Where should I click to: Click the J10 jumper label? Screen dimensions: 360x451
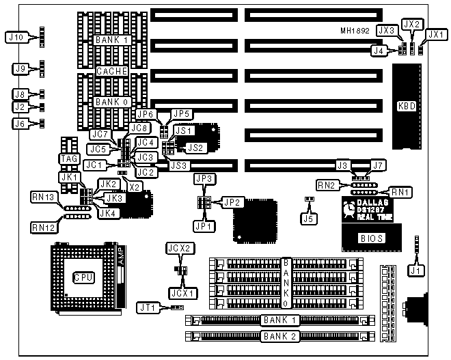pyautogui.click(x=16, y=36)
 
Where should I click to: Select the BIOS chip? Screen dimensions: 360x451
pyautogui.click(x=370, y=238)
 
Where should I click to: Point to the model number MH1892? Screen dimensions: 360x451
pyautogui.click(x=355, y=31)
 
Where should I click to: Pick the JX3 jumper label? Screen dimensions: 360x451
pyautogui.click(x=387, y=31)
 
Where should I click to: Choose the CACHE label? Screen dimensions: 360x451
pyautogui.click(x=111, y=70)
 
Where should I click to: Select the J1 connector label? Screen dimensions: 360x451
pyautogui.click(x=415, y=270)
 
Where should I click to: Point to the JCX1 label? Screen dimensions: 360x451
pyautogui.click(x=181, y=292)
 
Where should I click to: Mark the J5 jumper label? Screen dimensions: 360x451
pyautogui.click(x=310, y=218)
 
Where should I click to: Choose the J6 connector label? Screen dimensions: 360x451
pyautogui.click(x=20, y=124)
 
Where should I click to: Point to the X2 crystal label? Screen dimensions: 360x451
pyautogui.click(x=135, y=186)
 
